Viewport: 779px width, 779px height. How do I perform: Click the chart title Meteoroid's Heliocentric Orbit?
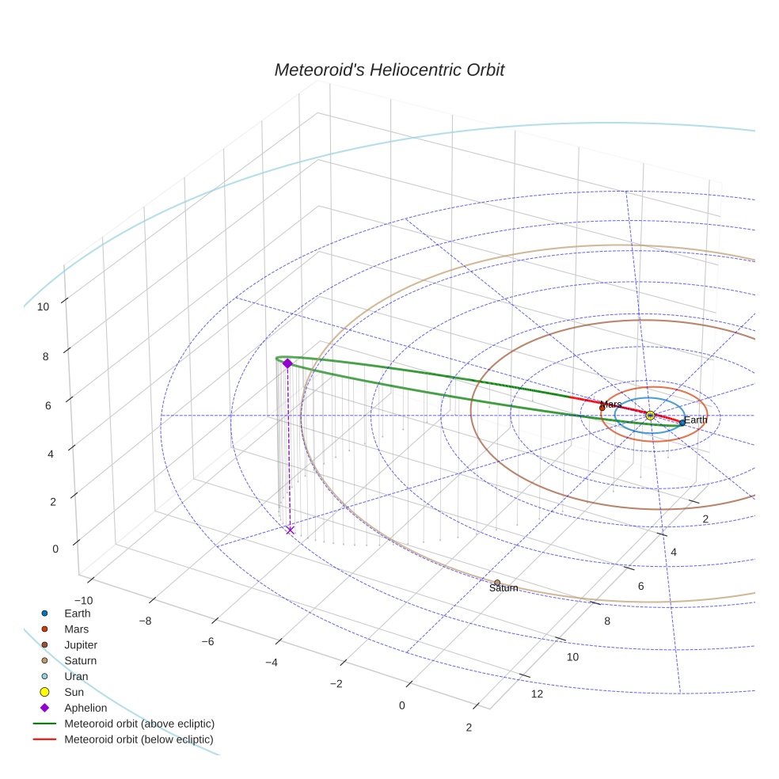point(389,70)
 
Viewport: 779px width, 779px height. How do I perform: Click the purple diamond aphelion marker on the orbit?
point(287,363)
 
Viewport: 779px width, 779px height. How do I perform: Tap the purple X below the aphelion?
point(290,530)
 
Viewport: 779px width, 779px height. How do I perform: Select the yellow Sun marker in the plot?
point(650,416)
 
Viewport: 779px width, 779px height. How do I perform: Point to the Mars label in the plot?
point(610,405)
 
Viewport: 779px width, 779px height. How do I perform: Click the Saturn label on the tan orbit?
point(503,588)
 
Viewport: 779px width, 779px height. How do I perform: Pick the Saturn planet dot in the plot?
point(497,583)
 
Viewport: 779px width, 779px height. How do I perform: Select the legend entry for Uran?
point(76,676)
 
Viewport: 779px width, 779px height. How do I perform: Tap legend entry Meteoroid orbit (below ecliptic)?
point(139,739)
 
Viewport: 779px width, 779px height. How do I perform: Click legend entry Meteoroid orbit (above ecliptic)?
point(139,724)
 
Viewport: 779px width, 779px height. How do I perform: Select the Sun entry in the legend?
point(74,692)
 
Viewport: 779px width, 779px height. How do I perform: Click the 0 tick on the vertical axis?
point(55,549)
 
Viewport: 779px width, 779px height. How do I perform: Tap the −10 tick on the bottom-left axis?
point(82,601)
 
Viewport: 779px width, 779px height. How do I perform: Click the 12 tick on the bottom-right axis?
point(538,694)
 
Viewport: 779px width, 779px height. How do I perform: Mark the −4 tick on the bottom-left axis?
point(272,662)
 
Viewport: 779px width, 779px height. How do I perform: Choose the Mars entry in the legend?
point(76,629)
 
